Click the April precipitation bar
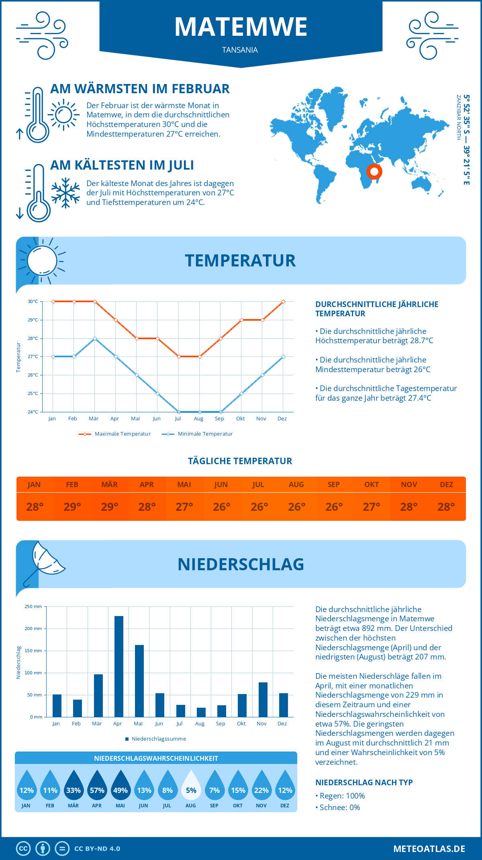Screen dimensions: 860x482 [119, 666]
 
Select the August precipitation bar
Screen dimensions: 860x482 [201, 712]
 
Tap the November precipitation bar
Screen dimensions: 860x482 [263, 699]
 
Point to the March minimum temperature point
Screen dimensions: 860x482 [95, 338]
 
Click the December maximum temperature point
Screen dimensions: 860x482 [283, 301]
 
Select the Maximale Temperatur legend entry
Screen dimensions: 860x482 [115, 434]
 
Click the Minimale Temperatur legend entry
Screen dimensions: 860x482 [198, 434]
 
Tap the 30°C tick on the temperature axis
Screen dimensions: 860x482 [33, 301]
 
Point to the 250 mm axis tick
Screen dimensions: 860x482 [34, 606]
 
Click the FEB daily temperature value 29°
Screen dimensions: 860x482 [72, 507]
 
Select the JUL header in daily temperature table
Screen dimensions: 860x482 [258, 485]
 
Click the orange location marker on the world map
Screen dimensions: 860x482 [374, 172]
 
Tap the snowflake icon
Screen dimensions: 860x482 [65, 193]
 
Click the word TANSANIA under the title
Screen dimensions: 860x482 [240, 50]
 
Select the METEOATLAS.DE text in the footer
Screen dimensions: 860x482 [429, 849]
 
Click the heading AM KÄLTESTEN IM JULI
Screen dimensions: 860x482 [122, 165]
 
